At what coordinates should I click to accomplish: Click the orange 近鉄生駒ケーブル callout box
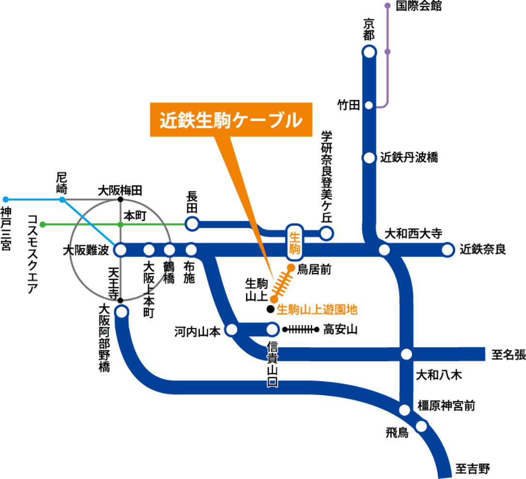pos(230,119)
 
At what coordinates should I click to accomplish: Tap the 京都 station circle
pos(369,51)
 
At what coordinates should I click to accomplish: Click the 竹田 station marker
pos(369,105)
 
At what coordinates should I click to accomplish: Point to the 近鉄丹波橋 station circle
pos(369,158)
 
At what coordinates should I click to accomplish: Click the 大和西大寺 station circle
pos(384,250)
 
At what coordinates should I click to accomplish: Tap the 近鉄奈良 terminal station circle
pos(448,250)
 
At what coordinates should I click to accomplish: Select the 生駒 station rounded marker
pos(295,242)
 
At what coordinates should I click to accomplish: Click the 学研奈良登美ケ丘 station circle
pos(327,233)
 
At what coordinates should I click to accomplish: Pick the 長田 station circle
pos(192,223)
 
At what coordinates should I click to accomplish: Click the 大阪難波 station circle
pos(120,250)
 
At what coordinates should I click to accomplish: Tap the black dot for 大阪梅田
pos(120,199)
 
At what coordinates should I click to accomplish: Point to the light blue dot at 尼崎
pos(62,200)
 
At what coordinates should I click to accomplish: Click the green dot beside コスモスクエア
pos(43,224)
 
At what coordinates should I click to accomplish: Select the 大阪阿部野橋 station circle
pos(122,310)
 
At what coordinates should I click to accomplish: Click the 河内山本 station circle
pos(232,330)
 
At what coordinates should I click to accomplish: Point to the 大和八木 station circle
pos(406,354)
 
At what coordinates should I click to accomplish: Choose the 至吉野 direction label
pos(473,468)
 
